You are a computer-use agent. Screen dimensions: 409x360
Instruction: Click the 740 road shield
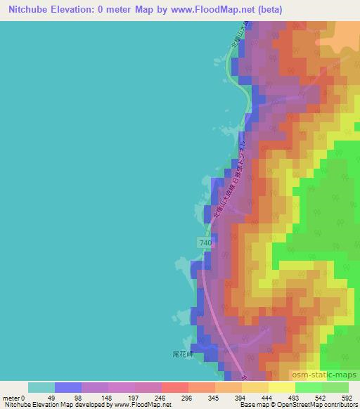point(205,242)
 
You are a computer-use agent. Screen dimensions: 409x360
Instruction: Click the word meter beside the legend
point(12,398)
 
